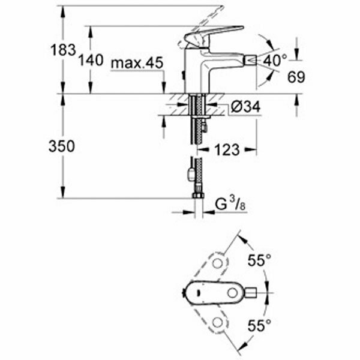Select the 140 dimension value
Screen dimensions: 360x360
tap(91, 60)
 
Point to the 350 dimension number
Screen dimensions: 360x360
tap(62, 146)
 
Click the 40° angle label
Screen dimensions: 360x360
tap(275, 60)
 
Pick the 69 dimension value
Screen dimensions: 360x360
tap(296, 77)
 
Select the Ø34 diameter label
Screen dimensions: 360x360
tap(244, 108)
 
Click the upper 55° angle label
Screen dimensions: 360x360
tap(260, 260)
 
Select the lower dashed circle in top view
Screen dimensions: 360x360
tap(217, 323)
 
